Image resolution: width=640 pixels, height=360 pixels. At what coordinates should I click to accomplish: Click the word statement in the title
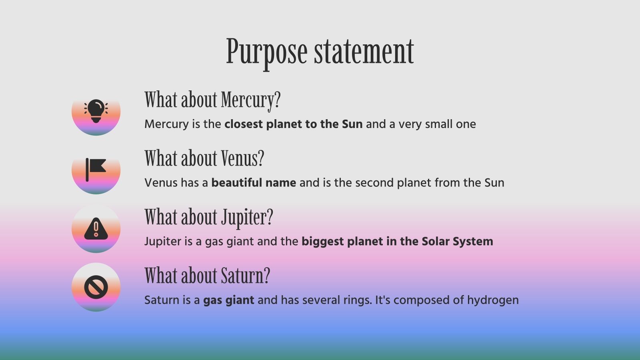364,52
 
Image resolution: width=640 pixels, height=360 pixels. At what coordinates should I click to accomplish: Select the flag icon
96,170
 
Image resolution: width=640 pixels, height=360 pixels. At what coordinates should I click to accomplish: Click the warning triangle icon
96,228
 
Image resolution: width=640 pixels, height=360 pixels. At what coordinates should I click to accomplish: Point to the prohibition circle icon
96,287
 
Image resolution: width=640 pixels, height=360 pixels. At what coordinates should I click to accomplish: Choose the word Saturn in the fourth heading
242,276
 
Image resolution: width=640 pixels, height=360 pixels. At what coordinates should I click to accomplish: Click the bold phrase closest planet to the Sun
294,124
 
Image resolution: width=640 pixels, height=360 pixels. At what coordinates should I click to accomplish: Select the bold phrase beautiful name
254,182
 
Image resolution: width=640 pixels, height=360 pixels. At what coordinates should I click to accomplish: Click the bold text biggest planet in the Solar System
398,242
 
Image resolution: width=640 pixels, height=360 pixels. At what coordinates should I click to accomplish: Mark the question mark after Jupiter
270,217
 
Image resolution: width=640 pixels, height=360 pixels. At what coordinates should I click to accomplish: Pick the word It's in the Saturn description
382,300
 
